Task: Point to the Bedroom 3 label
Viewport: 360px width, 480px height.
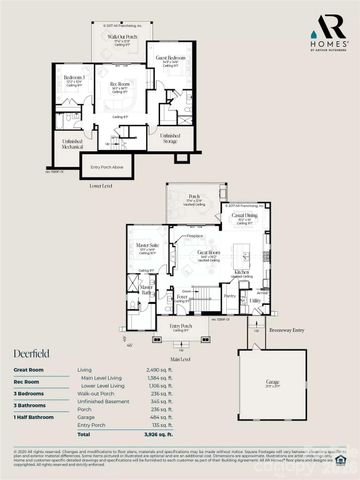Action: click(74, 78)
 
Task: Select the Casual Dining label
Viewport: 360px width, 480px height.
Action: click(245, 216)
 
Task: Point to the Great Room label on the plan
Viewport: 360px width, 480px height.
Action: click(208, 252)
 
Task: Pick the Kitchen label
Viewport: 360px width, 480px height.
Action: click(241, 271)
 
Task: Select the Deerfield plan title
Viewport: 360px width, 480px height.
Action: click(31, 353)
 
